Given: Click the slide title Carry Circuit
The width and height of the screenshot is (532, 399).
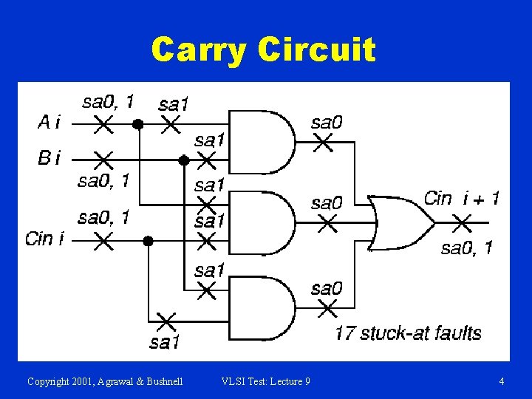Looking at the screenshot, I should (x=263, y=50).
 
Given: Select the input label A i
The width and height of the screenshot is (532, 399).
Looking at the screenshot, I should (x=49, y=123).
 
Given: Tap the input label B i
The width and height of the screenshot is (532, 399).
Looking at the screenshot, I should (x=49, y=158).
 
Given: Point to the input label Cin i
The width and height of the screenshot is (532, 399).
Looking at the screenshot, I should (x=44, y=238).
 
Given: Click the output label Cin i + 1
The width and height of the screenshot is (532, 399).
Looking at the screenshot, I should (x=461, y=198).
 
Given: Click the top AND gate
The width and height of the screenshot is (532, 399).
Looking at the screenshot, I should (x=263, y=141).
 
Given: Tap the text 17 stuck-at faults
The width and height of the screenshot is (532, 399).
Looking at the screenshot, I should (x=408, y=333).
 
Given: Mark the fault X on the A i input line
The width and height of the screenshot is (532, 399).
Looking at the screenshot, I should (x=103, y=124).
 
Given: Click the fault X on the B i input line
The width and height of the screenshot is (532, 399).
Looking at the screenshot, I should (x=103, y=159).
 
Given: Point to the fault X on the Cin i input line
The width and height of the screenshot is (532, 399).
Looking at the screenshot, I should (x=103, y=239).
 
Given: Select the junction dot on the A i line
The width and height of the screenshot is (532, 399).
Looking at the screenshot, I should (x=137, y=124).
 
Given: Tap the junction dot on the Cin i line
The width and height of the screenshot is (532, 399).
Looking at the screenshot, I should (x=148, y=240).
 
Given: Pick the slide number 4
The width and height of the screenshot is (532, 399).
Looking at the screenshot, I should (x=502, y=381).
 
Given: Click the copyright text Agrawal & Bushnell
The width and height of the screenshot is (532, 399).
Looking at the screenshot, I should (x=105, y=381).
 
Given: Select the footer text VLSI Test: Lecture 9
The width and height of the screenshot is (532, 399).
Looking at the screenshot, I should (x=266, y=381).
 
